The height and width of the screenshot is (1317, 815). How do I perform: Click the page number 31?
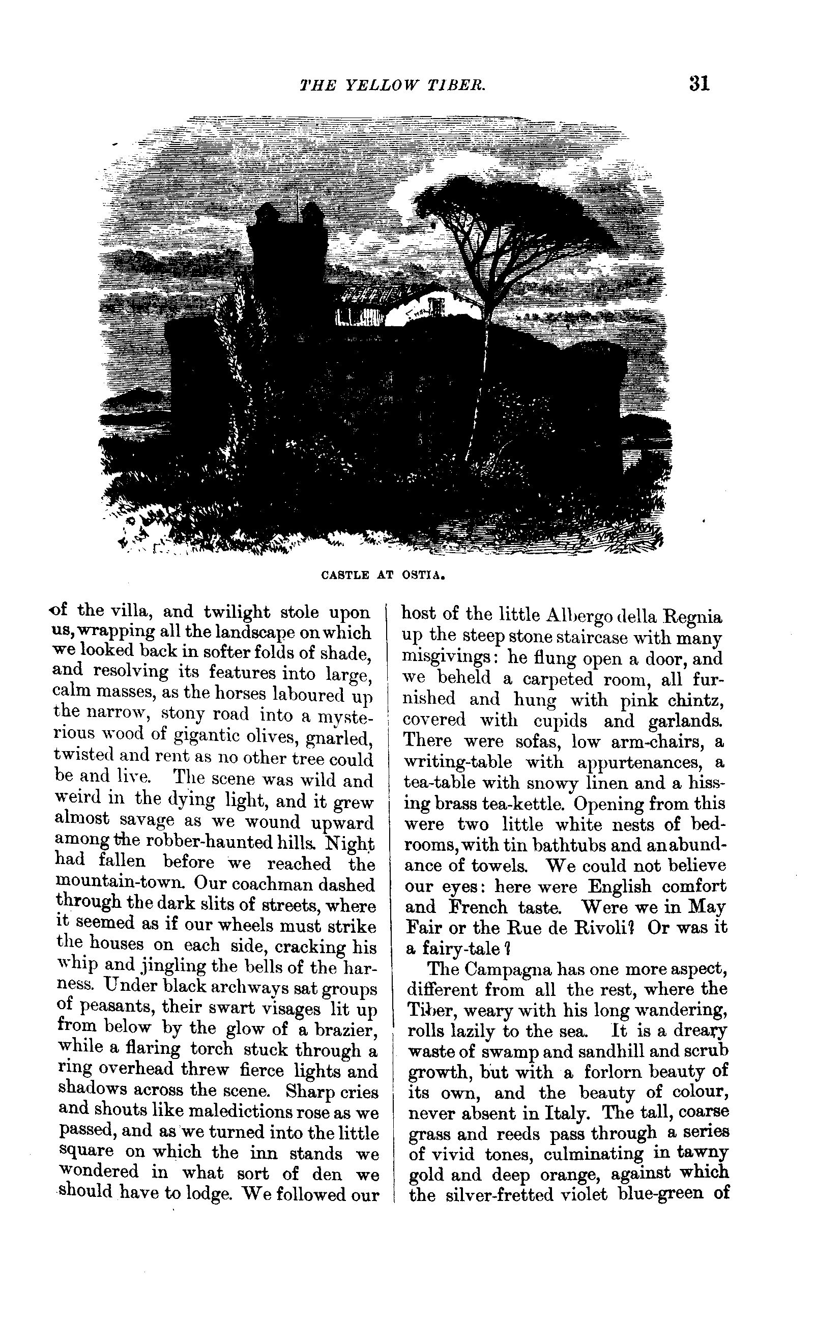pos(699,83)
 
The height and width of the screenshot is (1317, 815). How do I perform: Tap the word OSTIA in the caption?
pos(424,575)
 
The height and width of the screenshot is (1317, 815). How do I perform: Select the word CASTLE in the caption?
pos(345,575)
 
